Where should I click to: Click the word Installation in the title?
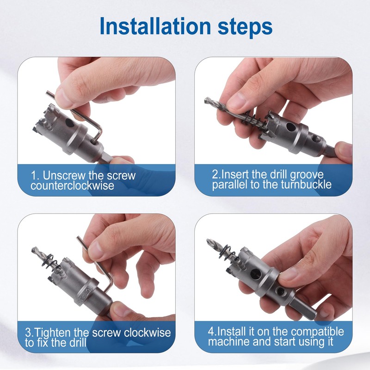coord(155,26)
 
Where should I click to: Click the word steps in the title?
coord(245,27)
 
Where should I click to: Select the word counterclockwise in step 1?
coord(72,185)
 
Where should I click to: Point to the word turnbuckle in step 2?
coord(306,184)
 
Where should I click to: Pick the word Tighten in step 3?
coord(53,333)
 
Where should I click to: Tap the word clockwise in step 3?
coord(147,333)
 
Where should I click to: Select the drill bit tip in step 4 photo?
coord(207,240)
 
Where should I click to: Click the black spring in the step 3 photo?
coord(50,261)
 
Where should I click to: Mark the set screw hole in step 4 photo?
coord(281,291)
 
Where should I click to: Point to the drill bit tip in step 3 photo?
coord(33,249)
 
